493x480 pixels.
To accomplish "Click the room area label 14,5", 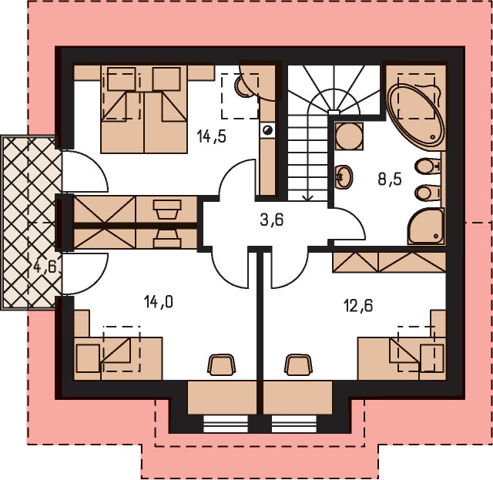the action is tap(211, 136).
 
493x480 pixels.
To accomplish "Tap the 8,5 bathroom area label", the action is tap(390, 180).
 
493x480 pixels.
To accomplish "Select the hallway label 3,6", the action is tap(272, 220).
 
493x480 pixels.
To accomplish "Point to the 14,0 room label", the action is tap(159, 302).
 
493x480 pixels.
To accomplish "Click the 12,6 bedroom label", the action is tap(359, 305).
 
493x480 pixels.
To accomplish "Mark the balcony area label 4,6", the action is tap(45, 267).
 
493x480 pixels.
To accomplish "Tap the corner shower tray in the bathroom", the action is tap(426, 226).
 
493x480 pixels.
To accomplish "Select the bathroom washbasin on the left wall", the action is tap(344, 176).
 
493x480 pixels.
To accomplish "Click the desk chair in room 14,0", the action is tap(221, 365).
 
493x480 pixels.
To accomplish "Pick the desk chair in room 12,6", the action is tap(298, 365).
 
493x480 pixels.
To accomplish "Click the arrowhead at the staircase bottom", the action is tap(308, 197).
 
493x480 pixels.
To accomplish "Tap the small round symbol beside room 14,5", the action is tap(268, 129).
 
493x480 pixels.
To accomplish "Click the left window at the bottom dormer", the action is tap(226, 424).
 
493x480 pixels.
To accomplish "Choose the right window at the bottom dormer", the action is tap(294, 424).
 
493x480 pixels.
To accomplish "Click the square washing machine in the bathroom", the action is tap(349, 136).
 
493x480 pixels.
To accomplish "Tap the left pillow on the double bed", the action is tap(122, 79).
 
